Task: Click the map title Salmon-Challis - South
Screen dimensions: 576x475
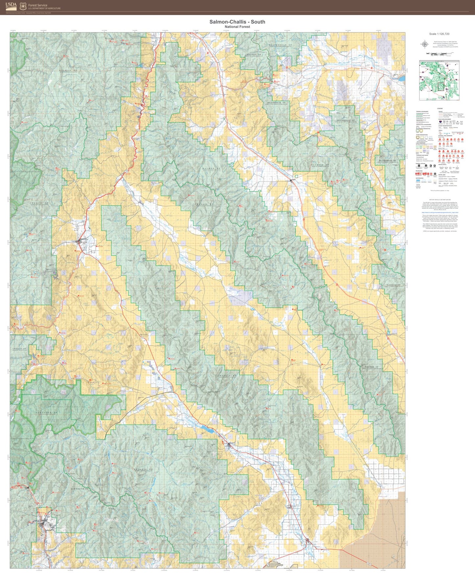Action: (x=237, y=22)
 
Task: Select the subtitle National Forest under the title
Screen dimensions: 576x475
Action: (x=237, y=27)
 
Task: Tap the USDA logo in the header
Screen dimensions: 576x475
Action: (x=11, y=6)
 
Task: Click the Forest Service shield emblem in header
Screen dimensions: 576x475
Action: (x=23, y=6)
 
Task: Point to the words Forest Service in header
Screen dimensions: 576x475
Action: (x=37, y=5)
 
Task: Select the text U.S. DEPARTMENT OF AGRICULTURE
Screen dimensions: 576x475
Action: (x=44, y=9)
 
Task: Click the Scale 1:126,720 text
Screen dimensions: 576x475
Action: (x=439, y=34)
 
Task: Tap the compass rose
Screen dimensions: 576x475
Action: (x=424, y=44)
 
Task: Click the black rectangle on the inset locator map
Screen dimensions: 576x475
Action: (x=441, y=86)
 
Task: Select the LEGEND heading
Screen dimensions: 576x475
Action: (x=439, y=108)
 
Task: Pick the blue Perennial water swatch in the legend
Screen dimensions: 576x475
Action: (x=418, y=180)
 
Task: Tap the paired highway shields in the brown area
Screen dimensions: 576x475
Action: (x=370, y=564)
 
